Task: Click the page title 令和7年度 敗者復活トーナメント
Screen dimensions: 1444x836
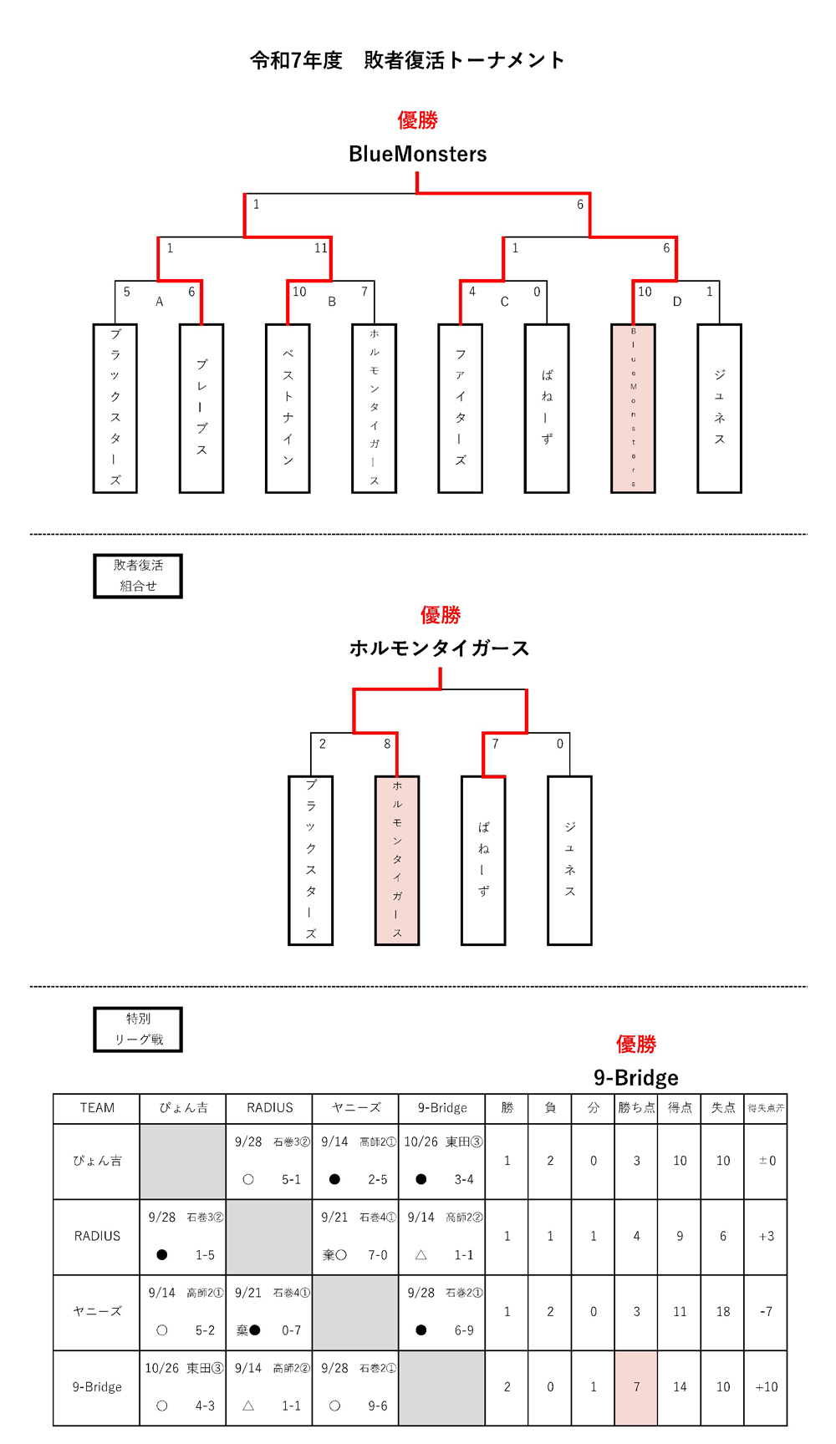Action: point(407,60)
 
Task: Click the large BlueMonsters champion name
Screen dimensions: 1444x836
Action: point(417,154)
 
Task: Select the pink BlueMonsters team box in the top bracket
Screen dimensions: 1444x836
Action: point(633,408)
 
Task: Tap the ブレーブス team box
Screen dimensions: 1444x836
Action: point(201,408)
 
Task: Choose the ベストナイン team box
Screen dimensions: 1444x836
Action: point(288,408)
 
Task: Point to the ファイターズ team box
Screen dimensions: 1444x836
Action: point(460,408)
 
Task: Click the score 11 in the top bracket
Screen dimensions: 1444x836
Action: point(321,248)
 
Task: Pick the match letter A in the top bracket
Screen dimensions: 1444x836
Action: point(160,302)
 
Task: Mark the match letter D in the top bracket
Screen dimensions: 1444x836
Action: point(677,302)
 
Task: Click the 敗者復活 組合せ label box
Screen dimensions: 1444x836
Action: point(138,576)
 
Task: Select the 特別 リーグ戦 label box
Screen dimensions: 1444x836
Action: point(138,1029)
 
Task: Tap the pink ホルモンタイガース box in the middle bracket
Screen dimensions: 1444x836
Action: point(397,860)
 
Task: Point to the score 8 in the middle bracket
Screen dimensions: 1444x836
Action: point(387,744)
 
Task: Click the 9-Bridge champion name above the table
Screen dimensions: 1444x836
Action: point(635,1078)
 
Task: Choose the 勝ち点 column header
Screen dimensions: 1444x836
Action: point(636,1108)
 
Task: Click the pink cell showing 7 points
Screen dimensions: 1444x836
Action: point(636,1387)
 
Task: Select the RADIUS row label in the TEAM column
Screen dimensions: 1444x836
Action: point(97,1237)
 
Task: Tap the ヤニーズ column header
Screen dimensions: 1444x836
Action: point(356,1108)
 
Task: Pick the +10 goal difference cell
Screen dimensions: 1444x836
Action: point(766,1387)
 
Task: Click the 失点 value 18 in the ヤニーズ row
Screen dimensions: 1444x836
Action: point(723,1312)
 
